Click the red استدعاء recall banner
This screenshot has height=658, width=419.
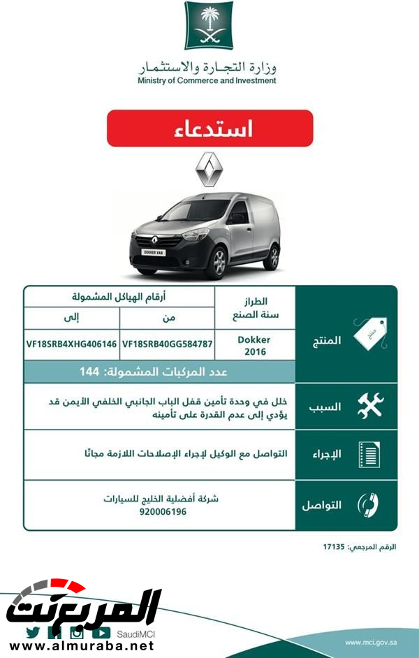(210, 129)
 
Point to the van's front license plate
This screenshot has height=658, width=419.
(154, 252)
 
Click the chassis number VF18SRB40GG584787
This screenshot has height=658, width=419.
(167, 344)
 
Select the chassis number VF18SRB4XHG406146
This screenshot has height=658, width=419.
(71, 344)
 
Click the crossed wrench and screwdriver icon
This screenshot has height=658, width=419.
(369, 406)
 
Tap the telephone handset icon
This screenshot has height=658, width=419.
(368, 504)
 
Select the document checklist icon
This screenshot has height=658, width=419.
(368, 455)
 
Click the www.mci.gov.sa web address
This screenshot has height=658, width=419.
(372, 642)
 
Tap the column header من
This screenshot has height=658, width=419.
(168, 318)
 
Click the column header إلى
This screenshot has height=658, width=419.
(72, 318)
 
